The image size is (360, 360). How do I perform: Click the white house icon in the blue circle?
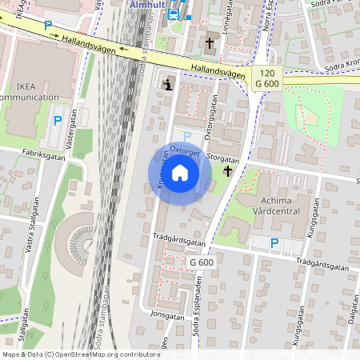click(x=180, y=173)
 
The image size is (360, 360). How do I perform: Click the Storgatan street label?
click(x=223, y=158)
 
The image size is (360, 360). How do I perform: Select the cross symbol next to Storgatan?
click(x=227, y=171)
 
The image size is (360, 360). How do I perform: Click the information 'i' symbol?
click(x=166, y=84)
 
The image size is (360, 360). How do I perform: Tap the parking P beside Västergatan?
click(x=57, y=121)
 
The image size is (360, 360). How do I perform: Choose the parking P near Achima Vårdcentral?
click(x=274, y=243)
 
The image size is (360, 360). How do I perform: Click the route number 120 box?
click(x=266, y=72)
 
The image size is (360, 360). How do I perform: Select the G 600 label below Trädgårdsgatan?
click(x=202, y=262)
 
